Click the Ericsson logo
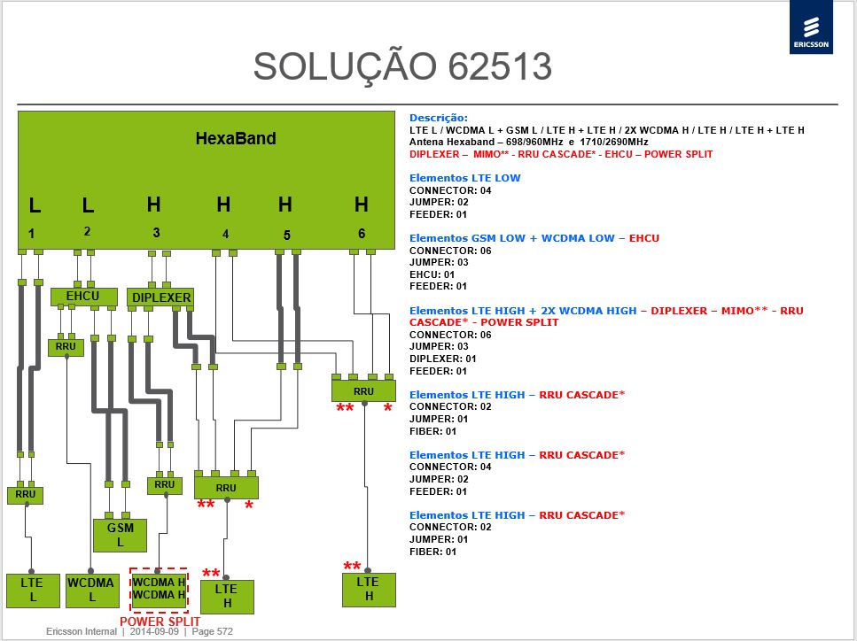click(x=811, y=27)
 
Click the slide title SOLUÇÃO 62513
click(x=402, y=66)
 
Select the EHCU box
click(x=83, y=297)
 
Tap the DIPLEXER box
click(x=160, y=297)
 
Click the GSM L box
click(x=120, y=535)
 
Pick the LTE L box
click(x=33, y=591)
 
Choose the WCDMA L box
click(x=92, y=591)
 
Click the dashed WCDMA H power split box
click(x=159, y=590)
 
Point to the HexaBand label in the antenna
click(x=236, y=139)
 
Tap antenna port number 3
click(x=156, y=233)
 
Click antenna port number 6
click(x=362, y=234)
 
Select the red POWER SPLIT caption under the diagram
click(x=160, y=622)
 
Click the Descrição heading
click(x=439, y=118)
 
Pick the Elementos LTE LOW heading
click(x=464, y=178)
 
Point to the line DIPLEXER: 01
click(x=443, y=359)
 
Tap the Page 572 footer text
click(x=212, y=632)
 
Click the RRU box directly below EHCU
click(x=66, y=347)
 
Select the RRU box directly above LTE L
click(x=25, y=495)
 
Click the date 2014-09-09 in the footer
click(x=154, y=632)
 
